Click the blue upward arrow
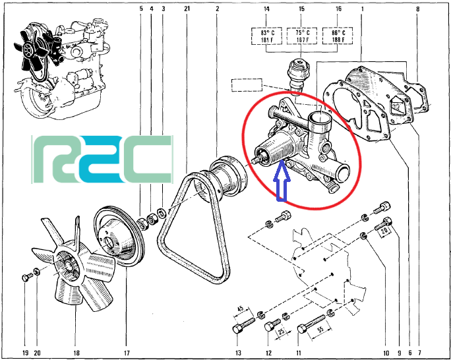pos(284,181)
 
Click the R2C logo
pos(102,160)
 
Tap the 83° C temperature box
pos(267,36)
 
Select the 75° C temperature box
pos(302,36)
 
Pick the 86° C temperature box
pos(338,36)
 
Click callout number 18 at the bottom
pos(76,353)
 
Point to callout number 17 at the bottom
pos(127,353)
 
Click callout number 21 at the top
pos(187,9)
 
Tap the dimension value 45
pos(240,309)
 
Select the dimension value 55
pos(320,328)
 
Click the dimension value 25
pos(282,331)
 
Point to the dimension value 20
pos(384,230)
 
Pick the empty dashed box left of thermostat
pos(247,85)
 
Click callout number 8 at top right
pos(417,9)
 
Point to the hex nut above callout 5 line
pos(142,224)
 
